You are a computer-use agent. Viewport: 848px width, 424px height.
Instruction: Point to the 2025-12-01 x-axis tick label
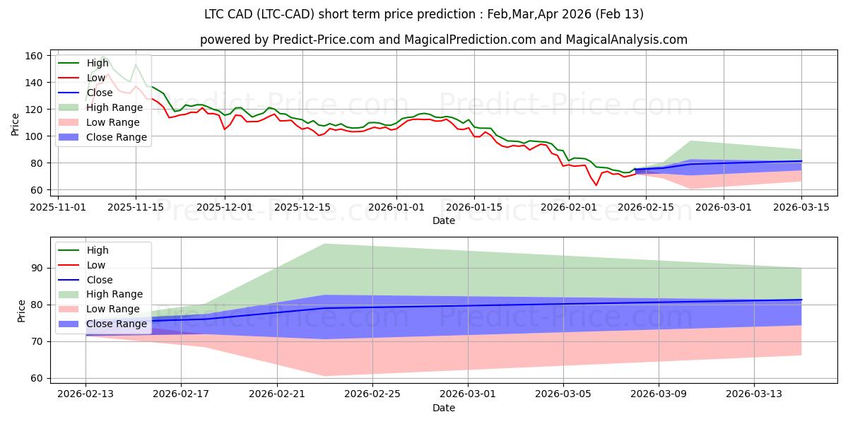tap(225, 207)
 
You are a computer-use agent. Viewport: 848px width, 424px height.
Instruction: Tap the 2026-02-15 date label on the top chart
tap(645, 207)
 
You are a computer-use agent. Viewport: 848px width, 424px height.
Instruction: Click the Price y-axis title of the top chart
tap(16, 123)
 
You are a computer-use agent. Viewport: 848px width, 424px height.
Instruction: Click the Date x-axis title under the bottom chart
tap(443, 408)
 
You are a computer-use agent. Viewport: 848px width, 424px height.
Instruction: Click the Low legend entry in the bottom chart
tap(96, 265)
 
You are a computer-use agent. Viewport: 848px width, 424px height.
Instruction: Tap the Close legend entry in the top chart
tap(99, 93)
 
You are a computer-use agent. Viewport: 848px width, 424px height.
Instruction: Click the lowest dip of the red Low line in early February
tap(596, 185)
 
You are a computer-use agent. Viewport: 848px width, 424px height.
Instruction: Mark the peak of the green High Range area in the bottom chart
tap(324, 244)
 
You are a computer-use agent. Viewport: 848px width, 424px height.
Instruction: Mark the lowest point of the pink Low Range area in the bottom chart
tap(324, 376)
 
